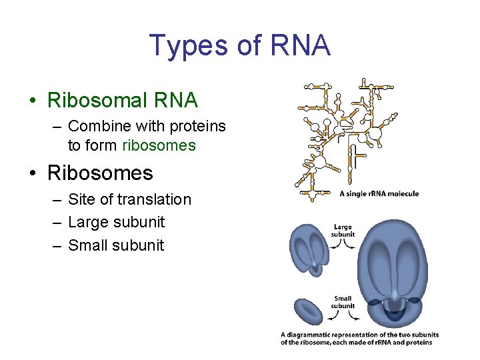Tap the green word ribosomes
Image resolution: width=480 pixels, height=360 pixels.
(x=159, y=145)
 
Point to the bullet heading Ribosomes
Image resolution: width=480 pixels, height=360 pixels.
(x=100, y=173)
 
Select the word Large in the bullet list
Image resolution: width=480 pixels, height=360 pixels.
(x=90, y=222)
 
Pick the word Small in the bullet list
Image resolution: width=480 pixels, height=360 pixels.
(x=89, y=245)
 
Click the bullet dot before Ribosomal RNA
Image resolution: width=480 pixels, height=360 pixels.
(x=32, y=101)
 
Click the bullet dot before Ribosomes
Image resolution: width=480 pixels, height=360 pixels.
(x=32, y=174)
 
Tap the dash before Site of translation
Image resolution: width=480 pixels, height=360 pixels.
(x=56, y=200)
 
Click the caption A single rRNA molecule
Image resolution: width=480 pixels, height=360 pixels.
(x=379, y=194)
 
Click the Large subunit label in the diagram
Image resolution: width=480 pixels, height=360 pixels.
(x=343, y=231)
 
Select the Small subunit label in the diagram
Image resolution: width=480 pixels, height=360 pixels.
(x=343, y=302)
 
